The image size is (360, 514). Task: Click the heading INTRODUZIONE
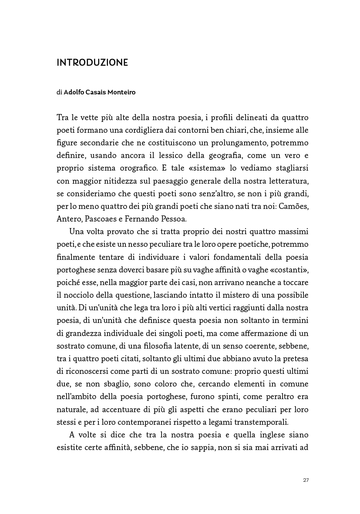pyautogui.click(x=92, y=63)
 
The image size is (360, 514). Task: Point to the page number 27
pyautogui.click(x=306, y=480)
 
